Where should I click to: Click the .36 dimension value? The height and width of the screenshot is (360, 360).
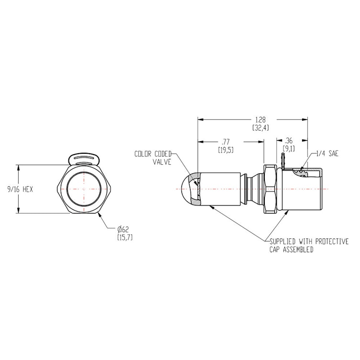tap(289, 141)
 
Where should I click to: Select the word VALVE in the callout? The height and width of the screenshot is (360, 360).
tap(161, 162)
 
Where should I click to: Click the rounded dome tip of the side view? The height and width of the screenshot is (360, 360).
tap(188, 190)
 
